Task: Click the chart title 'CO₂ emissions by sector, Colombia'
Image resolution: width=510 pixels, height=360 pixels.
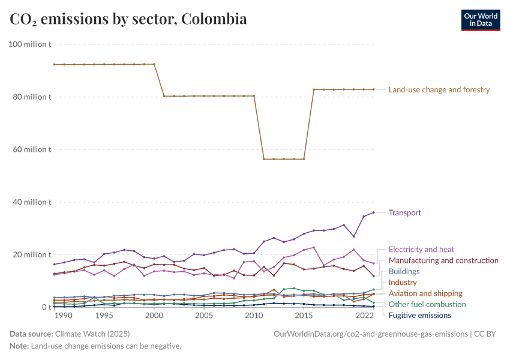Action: tap(128, 19)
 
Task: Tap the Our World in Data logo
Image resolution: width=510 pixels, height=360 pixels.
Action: tap(480, 20)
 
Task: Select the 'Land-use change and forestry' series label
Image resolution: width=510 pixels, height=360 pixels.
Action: tap(439, 90)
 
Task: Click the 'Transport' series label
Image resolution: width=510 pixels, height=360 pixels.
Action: tap(404, 213)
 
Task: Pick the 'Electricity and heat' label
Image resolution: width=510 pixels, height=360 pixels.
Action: tap(421, 250)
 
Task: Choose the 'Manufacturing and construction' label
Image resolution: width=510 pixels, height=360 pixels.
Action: tap(443, 260)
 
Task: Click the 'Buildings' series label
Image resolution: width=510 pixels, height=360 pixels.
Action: tap(404, 272)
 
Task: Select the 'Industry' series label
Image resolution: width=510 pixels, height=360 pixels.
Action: tap(403, 283)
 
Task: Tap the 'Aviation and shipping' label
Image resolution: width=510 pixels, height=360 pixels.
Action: tap(425, 293)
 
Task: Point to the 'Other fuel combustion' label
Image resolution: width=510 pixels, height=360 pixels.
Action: tap(427, 305)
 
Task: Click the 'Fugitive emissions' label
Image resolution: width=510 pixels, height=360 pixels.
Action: tap(419, 316)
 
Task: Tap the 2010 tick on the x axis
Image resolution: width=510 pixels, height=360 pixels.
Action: tap(254, 316)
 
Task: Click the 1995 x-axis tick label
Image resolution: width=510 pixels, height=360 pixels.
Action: tap(104, 316)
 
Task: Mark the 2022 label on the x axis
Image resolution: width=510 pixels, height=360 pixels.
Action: tap(364, 316)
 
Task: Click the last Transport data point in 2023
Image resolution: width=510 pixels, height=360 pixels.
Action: tap(374, 212)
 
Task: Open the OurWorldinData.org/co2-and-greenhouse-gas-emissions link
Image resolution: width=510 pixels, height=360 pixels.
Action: tap(370, 334)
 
